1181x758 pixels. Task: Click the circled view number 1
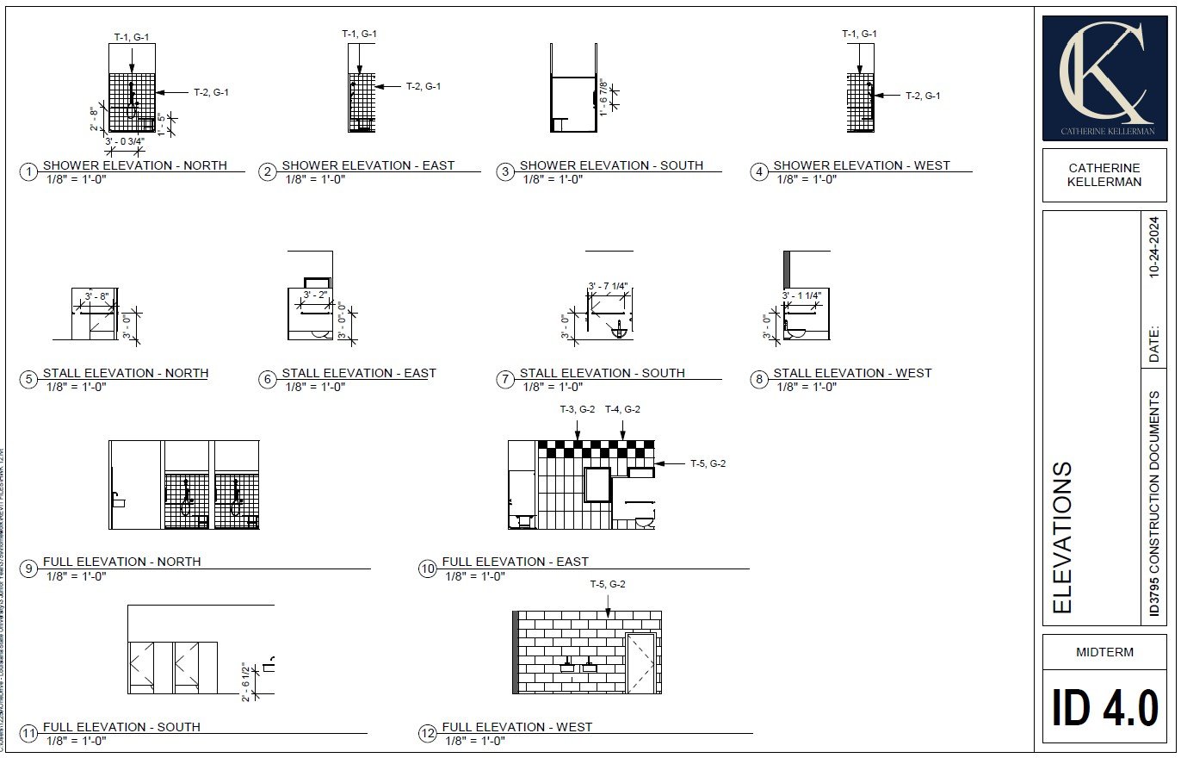tap(29, 172)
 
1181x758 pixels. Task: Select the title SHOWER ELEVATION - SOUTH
tap(611, 165)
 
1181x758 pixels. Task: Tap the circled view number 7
tap(505, 380)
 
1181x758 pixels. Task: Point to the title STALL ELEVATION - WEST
tap(852, 373)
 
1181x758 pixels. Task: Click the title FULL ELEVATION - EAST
tap(515, 562)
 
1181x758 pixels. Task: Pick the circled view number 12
tap(428, 734)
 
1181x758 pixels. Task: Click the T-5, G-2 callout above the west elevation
tap(607, 585)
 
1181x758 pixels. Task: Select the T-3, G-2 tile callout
tap(577, 410)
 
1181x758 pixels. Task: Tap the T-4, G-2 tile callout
tap(622, 410)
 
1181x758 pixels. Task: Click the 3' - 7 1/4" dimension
tap(609, 286)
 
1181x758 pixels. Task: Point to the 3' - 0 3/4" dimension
tap(124, 141)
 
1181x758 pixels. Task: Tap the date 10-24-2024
tap(1154, 246)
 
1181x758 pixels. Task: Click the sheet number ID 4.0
tap(1104, 709)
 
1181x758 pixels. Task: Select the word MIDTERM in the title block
tap(1104, 652)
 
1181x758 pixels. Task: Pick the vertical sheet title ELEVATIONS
tap(1064, 537)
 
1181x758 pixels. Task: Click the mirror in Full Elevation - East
tap(597, 484)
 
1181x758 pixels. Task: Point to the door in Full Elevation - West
tap(640, 662)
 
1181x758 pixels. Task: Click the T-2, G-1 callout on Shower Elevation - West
tap(922, 96)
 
